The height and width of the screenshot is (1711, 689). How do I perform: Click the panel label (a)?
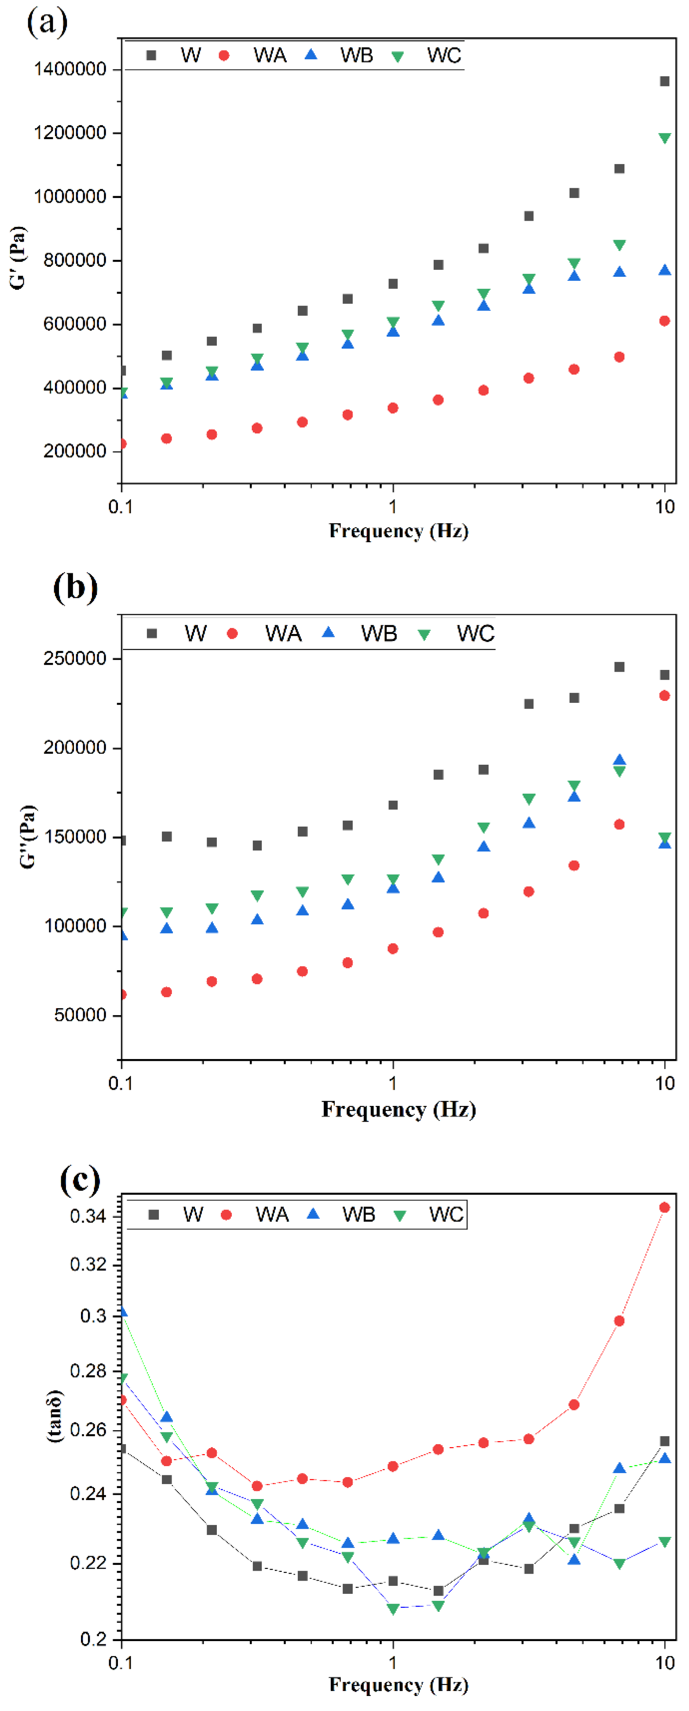point(47,23)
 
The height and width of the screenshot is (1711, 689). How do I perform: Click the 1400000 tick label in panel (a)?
point(70,69)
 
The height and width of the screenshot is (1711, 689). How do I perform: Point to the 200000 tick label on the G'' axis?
point(74,748)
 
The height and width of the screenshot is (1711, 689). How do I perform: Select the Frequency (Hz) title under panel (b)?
point(399,1110)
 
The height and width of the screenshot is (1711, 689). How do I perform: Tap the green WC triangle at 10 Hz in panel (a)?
point(664,138)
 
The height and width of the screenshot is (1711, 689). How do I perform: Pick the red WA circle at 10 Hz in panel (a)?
point(664,321)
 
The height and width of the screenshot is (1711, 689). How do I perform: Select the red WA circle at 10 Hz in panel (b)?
point(664,696)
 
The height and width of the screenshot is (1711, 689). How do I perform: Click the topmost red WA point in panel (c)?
point(664,1208)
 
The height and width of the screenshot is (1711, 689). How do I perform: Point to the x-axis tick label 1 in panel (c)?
point(393,1663)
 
